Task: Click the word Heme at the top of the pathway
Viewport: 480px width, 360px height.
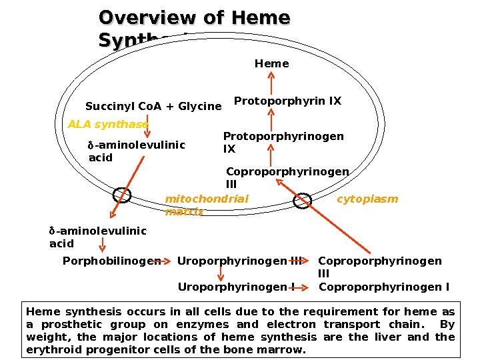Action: click(271, 64)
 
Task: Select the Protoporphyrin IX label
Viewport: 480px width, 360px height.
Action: click(287, 101)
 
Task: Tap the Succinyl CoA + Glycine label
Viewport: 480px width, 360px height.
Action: click(153, 107)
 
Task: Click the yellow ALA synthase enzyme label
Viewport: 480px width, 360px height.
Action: click(108, 125)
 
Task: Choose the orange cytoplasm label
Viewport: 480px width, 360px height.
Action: click(367, 199)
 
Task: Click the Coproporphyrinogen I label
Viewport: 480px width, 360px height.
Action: click(384, 287)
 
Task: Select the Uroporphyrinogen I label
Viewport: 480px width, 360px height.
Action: click(237, 287)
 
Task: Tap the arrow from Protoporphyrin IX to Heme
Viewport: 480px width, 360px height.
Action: click(271, 83)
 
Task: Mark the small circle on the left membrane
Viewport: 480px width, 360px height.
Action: click(122, 195)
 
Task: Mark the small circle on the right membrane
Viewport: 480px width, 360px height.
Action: click(303, 200)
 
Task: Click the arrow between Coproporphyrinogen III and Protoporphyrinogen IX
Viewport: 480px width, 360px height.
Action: click(271, 158)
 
